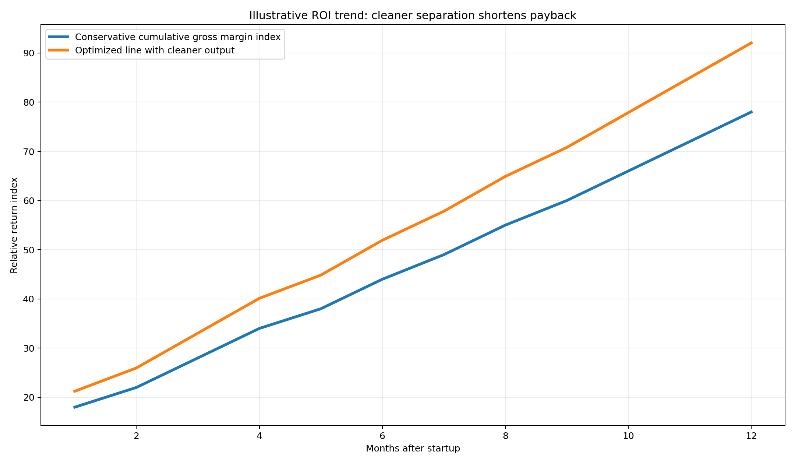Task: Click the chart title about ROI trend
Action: (413, 15)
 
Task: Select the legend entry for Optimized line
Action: (155, 50)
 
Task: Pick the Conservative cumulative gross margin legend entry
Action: (178, 37)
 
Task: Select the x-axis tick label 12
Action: (751, 436)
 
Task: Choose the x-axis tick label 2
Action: (136, 436)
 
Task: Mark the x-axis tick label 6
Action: (382, 436)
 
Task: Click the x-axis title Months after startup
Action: (413, 449)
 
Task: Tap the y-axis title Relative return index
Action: (14, 225)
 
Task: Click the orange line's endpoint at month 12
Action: (751, 43)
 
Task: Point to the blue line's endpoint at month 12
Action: (751, 112)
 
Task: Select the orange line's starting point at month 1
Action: (75, 391)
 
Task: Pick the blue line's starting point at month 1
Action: (75, 407)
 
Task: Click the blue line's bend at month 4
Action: (259, 328)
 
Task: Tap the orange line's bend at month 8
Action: (505, 176)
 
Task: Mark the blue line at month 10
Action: (628, 171)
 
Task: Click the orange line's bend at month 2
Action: (136, 368)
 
